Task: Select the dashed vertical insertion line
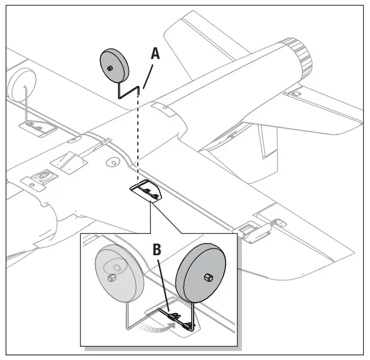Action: click(x=138, y=137)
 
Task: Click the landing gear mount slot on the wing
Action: click(x=147, y=191)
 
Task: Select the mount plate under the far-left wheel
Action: click(x=38, y=125)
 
